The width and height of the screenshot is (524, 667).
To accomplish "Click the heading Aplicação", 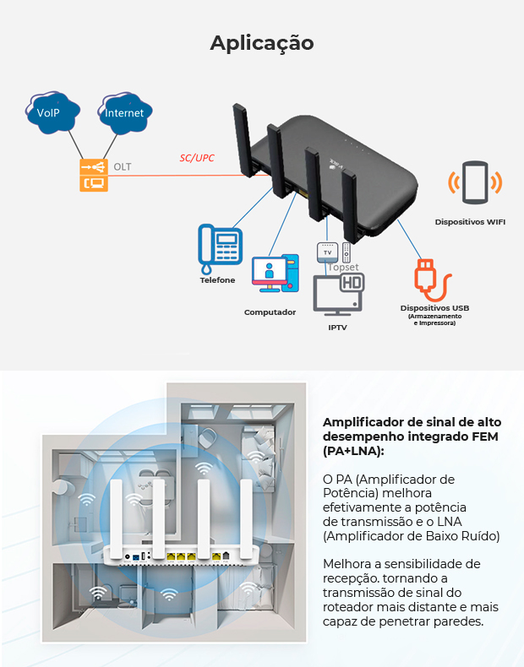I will [262, 42].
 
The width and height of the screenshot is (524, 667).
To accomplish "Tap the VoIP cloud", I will [48, 111].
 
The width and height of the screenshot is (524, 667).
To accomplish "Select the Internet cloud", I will [123, 111].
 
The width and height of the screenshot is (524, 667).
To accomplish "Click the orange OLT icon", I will [94, 175].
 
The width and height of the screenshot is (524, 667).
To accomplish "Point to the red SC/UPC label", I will [197, 158].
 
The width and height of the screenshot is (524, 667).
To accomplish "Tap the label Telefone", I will [217, 279].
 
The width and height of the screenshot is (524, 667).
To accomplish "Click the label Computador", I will [270, 312].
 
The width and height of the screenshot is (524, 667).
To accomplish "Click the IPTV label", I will [337, 326].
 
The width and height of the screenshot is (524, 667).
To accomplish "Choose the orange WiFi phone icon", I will [474, 183].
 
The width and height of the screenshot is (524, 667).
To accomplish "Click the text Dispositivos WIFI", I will [470, 221].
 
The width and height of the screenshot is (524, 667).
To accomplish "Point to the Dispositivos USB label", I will [434, 308].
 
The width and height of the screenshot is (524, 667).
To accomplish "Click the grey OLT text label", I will [123, 166].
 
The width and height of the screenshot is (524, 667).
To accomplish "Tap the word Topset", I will [343, 267].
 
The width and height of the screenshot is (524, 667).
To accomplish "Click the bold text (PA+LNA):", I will [353, 451].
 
